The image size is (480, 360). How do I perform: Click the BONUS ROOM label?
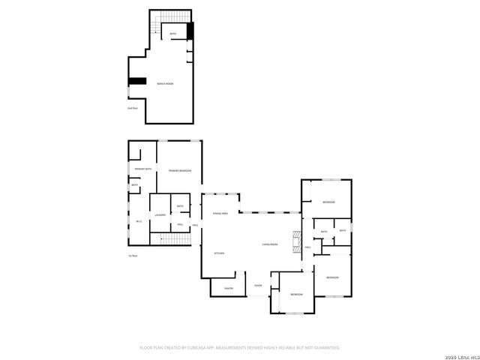coord(165,83)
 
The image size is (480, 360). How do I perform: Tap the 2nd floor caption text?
coord(133,109)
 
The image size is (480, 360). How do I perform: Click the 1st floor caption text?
coord(133,256)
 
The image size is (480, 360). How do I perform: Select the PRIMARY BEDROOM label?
coord(180,171)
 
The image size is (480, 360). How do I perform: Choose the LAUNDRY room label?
coord(160,215)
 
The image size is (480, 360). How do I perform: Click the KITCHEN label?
coord(220,253)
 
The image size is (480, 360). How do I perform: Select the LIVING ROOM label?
coord(270,244)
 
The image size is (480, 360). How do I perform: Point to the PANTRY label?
coord(230,288)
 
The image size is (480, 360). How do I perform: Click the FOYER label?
coord(257,285)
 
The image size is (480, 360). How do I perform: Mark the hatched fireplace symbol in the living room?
coord(297,241)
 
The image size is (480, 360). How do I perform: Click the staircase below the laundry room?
coord(173,238)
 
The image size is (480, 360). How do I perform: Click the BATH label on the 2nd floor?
coord(172,34)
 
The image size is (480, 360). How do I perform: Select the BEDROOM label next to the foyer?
coord(297,294)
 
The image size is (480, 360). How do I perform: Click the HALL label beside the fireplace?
coord(308,247)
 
